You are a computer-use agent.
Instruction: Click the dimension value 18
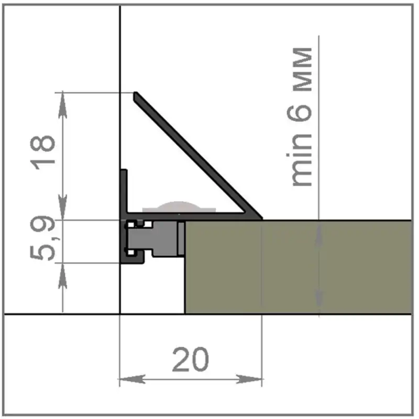coord(42,152)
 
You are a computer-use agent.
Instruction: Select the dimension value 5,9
coord(42,237)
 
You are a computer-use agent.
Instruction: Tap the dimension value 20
coord(190,359)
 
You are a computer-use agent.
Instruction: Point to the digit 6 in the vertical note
coord(299,112)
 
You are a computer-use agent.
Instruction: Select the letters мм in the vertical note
coord(302,70)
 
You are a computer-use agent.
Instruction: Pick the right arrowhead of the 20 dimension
coord(249,379)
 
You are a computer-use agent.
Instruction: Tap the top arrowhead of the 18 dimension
coord(62,105)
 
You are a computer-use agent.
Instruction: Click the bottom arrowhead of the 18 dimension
coord(62,207)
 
